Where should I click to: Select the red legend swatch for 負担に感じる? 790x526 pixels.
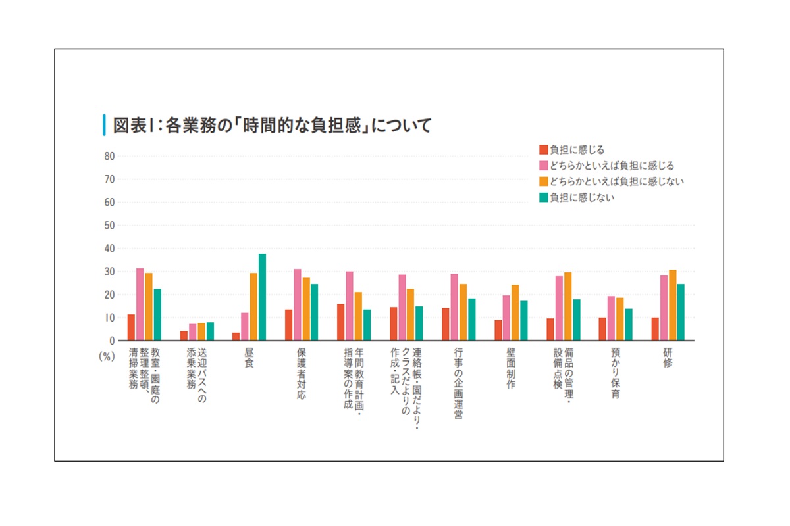click(544, 149)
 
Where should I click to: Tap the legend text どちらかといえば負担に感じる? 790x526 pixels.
click(612, 166)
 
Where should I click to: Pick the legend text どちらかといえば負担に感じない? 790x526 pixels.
click(617, 181)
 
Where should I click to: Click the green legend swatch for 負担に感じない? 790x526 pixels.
click(544, 197)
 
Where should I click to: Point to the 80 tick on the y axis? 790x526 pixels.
click(109, 156)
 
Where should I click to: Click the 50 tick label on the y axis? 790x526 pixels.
click(109, 226)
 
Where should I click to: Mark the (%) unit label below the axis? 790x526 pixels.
click(107, 356)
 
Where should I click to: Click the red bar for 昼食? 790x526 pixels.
click(236, 337)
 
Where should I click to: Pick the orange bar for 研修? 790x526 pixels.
click(672, 305)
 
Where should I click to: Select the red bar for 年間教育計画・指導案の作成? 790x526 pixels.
click(340, 322)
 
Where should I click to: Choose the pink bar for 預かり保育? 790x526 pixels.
click(611, 318)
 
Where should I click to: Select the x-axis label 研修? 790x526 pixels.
click(668, 358)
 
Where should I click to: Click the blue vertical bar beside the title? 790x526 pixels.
click(103, 125)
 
